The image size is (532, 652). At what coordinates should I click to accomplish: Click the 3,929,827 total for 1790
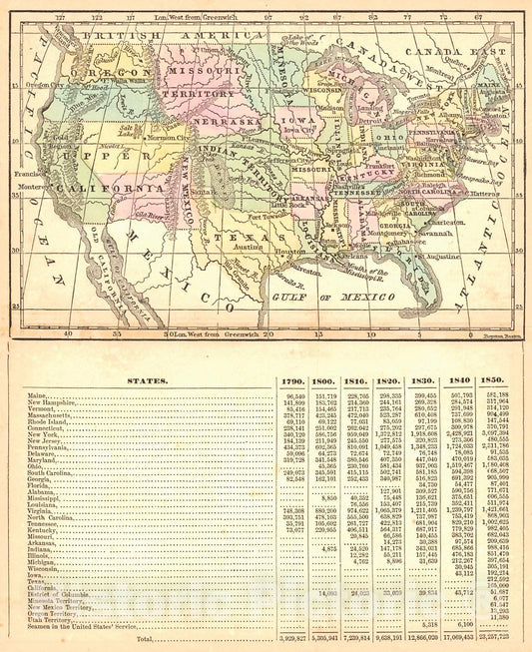292,637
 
